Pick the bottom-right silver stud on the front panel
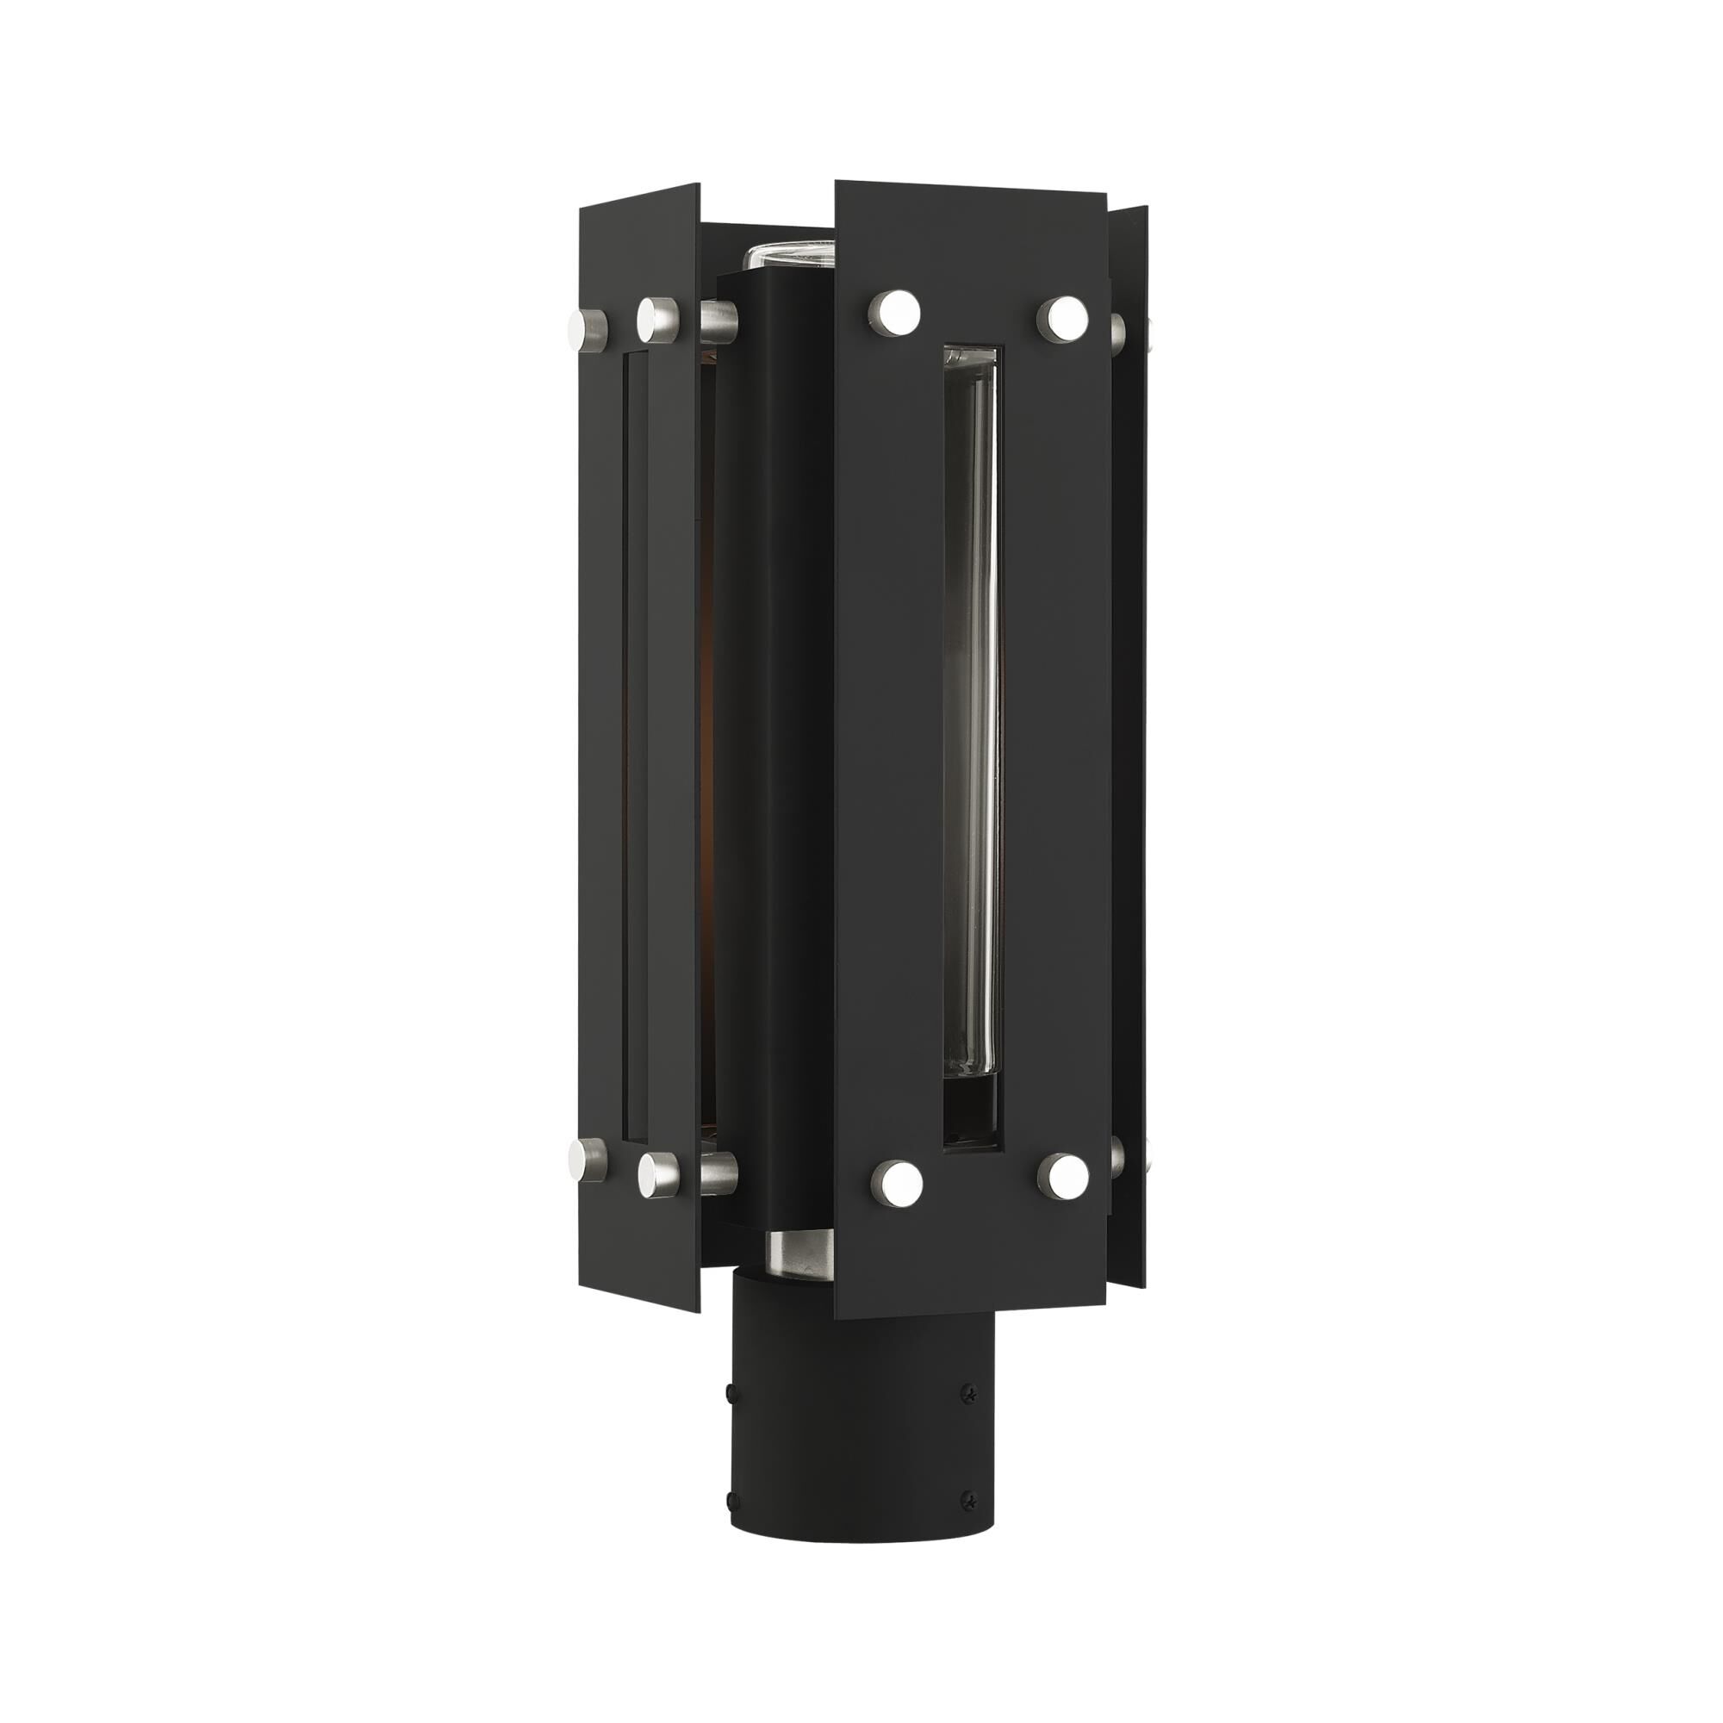pyautogui.click(x=1067, y=1176)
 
